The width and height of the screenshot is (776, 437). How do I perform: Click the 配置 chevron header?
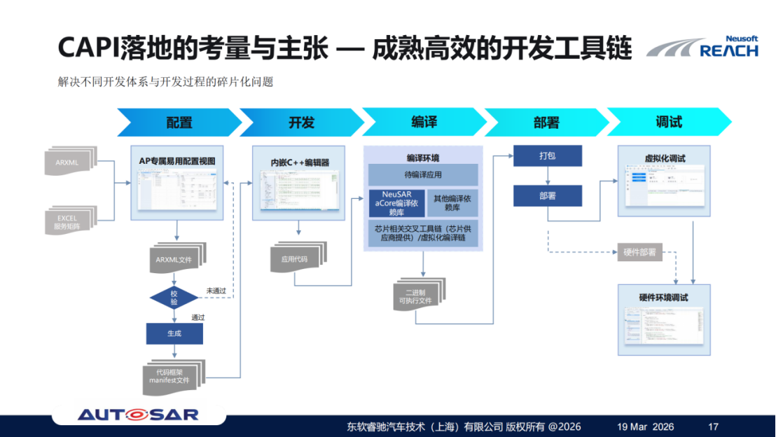179,123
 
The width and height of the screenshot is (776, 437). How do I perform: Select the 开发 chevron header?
302,123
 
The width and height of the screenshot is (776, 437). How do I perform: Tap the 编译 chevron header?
424,123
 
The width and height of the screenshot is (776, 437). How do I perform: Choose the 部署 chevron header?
546,123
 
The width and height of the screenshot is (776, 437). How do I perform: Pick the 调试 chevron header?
668,123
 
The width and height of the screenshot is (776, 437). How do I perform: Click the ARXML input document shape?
72,163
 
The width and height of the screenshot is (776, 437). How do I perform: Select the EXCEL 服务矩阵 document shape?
72,222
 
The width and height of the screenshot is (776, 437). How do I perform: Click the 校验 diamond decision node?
174,297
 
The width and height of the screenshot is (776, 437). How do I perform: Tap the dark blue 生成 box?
174,333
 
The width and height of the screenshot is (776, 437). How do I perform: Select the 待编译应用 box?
423,175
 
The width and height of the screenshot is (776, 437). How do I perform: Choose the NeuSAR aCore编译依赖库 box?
396,203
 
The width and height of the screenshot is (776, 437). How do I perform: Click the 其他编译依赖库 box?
452,203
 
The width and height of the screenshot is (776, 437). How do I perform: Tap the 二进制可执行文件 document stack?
417,295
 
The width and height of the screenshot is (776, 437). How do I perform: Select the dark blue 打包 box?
547,155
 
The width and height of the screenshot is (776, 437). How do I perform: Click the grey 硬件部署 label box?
639,252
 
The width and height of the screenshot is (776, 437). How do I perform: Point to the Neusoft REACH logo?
702,48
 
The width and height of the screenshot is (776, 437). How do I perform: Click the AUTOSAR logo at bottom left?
138,414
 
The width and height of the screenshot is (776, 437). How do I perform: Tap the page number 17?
714,426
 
